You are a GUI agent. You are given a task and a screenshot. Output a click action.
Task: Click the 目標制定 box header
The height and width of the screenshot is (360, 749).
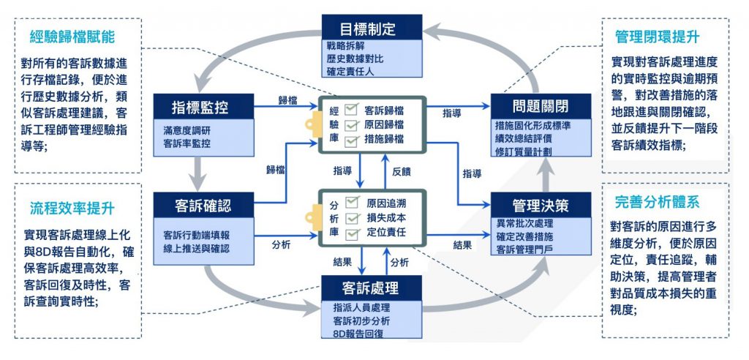[372, 29]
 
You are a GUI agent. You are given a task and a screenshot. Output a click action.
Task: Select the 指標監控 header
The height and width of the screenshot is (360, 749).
[203, 107]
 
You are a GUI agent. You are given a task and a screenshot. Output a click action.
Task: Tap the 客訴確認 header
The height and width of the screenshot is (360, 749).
[203, 204]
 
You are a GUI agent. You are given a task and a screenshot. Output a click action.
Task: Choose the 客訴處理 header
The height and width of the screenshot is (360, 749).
[372, 286]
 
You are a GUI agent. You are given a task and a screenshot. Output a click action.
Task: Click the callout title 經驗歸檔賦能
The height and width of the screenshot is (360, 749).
[78, 37]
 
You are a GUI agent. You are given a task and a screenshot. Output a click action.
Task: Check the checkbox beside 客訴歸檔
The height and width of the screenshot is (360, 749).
[352, 109]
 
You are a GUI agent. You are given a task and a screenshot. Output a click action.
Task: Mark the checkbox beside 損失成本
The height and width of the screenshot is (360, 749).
[352, 217]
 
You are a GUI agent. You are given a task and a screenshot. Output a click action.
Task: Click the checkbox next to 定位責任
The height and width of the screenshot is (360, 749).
[352, 233]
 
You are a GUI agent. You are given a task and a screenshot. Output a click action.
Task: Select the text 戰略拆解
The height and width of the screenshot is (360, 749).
[344, 46]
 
